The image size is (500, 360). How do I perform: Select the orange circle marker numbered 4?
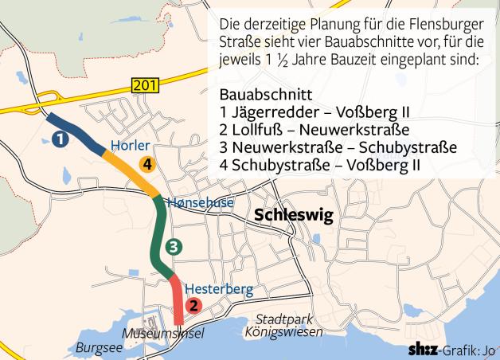(146, 164)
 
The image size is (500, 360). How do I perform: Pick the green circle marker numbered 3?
(174, 246)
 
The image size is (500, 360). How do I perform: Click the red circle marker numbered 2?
(193, 304)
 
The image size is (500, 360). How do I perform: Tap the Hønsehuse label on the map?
(201, 202)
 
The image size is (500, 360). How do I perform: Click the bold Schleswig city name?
(292, 216)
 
